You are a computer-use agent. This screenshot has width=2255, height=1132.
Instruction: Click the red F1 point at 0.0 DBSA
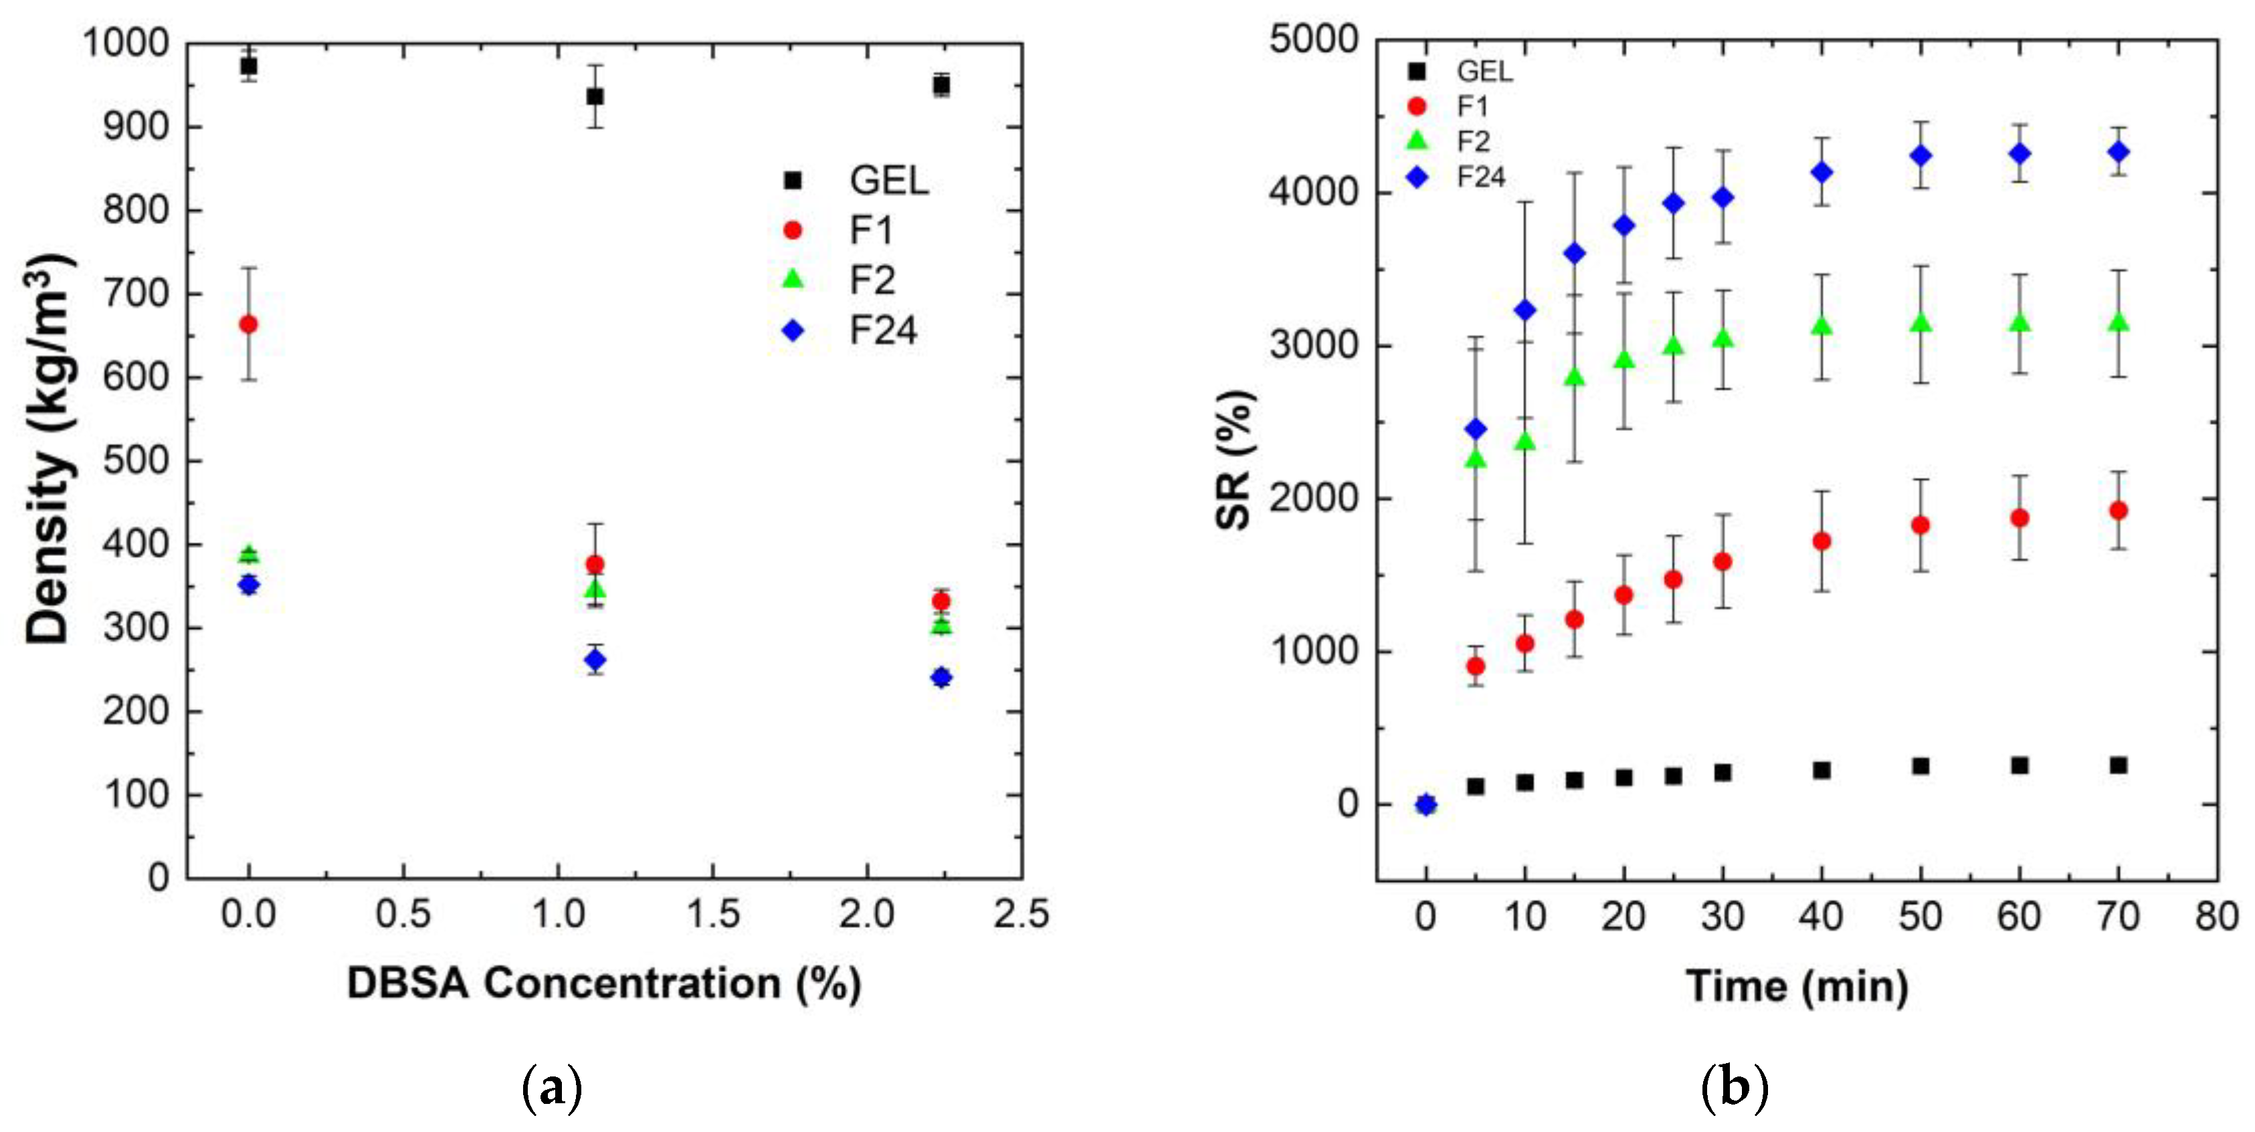click(249, 324)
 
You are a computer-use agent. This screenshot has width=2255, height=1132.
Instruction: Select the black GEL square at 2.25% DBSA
click(941, 85)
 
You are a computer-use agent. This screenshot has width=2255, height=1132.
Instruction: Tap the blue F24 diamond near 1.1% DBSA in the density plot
click(595, 659)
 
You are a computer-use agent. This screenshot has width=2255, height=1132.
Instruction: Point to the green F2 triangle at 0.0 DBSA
click(249, 555)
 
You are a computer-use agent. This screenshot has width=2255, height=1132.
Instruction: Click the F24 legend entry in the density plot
click(882, 330)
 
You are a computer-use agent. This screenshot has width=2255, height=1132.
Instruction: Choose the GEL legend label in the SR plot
click(1484, 71)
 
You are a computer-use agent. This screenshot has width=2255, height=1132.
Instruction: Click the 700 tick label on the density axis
click(136, 293)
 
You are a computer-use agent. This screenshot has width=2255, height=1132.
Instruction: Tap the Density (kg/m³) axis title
click(47, 449)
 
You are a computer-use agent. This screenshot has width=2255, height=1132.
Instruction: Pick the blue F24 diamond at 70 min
click(2119, 151)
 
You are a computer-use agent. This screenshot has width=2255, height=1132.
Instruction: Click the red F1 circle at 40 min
click(1822, 541)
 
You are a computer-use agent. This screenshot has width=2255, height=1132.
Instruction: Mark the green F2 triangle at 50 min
click(1921, 323)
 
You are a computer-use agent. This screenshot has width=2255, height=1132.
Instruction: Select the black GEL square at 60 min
click(2020, 765)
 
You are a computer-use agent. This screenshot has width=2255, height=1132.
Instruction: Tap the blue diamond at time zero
click(1426, 804)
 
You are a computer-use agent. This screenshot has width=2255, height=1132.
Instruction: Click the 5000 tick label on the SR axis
click(1313, 39)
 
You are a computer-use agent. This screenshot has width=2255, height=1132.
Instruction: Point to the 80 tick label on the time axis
click(2216, 917)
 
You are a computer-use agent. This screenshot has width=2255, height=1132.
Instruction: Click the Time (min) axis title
click(1796, 985)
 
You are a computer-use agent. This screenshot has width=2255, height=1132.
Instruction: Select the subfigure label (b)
click(1734, 1089)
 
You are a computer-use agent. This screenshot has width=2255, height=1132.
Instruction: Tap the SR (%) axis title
click(1235, 460)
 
